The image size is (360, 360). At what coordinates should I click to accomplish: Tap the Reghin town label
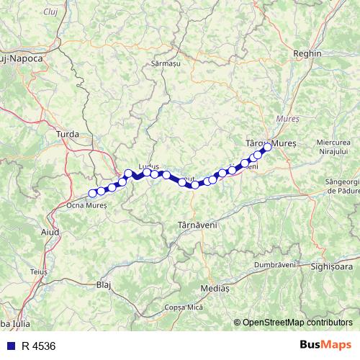[309, 54]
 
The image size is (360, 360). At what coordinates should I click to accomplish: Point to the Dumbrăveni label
[275, 264]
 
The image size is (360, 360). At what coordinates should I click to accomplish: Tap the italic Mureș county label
[288, 117]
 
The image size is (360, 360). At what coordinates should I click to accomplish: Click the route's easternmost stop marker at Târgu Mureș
[266, 148]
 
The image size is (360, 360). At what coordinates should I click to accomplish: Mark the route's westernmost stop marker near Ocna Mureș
[92, 193]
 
